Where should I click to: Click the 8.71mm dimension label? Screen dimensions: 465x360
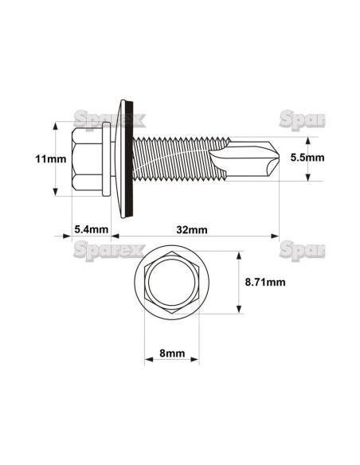coord(266,282)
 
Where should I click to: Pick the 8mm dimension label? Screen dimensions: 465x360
coord(170,351)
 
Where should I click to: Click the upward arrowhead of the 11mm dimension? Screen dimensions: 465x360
coord(55,127)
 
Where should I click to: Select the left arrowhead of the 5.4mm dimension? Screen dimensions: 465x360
coord(68,236)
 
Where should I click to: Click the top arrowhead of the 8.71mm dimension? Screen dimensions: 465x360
coord(238,256)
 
